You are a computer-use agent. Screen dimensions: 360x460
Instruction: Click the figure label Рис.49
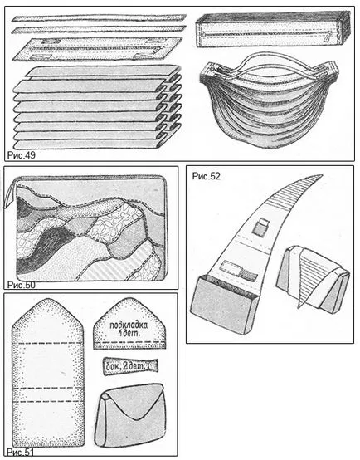pos(21,155)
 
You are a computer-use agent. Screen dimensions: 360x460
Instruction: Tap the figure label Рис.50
pos(21,285)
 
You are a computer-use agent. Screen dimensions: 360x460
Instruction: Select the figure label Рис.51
pos(20,452)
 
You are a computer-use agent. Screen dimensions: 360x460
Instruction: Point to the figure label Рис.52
pos(206,176)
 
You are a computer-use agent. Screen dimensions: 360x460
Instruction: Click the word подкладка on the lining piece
pos(129,325)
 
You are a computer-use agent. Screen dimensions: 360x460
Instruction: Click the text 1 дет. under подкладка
pos(130,333)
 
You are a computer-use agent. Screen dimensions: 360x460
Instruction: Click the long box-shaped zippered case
pos(273,29)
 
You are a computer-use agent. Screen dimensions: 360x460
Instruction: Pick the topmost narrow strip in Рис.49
pos(99,18)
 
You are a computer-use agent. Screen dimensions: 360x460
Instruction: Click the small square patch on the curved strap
pos(260,228)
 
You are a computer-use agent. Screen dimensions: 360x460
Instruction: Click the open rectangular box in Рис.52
pos(224,305)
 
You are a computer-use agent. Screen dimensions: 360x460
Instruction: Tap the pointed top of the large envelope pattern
pos(48,300)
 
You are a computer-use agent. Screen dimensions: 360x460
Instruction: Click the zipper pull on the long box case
pos(327,37)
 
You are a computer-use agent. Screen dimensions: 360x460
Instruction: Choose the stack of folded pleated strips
pos(97,107)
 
